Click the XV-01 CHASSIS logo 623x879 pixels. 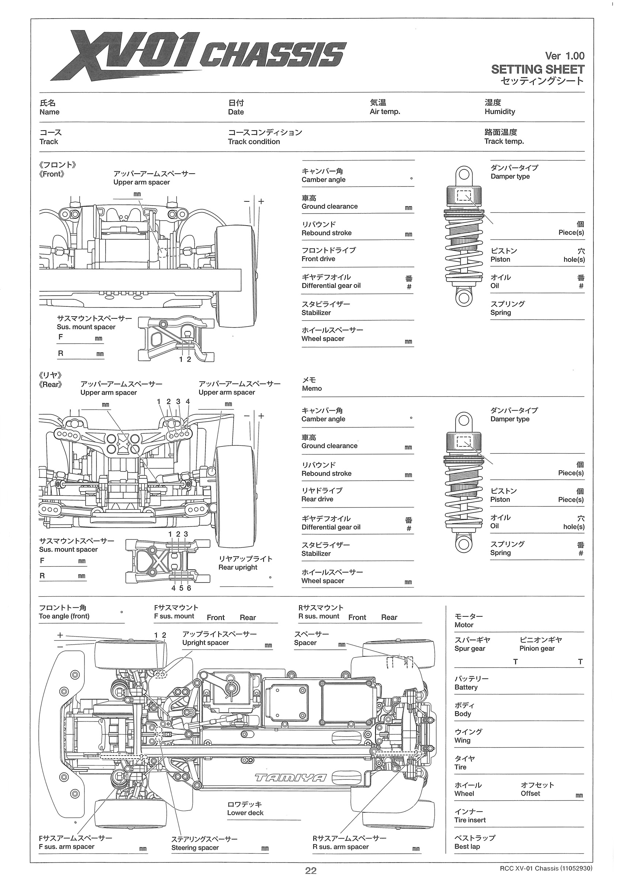(200, 56)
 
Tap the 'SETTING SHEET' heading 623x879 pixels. (537, 69)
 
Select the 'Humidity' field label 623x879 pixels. (499, 112)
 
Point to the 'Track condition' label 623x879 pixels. (254, 142)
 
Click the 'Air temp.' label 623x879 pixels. (385, 112)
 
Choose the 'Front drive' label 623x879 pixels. (318, 259)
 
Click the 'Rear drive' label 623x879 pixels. (317, 499)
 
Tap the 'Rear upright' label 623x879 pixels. (238, 567)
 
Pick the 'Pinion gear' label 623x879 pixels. (537, 648)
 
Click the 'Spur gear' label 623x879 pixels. (469, 648)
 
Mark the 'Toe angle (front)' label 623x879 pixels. (64, 616)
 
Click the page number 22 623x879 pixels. (311, 871)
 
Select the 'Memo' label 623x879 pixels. (311, 389)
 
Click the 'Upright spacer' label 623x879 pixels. (205, 643)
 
